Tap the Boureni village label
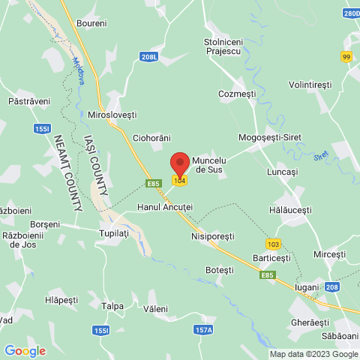tap(91, 23)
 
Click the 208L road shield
tap(148, 56)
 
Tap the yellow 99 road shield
tap(346, 57)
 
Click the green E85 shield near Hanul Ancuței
tap(154, 182)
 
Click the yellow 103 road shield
tap(272, 244)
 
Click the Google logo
tap(24, 350)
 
